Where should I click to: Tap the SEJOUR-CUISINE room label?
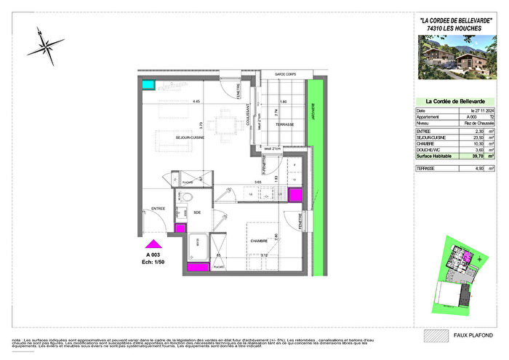point(169,136)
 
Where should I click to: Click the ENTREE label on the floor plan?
point(158,209)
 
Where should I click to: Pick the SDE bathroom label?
point(198,212)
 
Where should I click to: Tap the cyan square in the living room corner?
point(148,85)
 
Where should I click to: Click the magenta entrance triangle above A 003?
point(153,245)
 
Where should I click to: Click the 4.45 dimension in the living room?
point(196,102)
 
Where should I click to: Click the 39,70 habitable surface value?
point(477,156)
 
